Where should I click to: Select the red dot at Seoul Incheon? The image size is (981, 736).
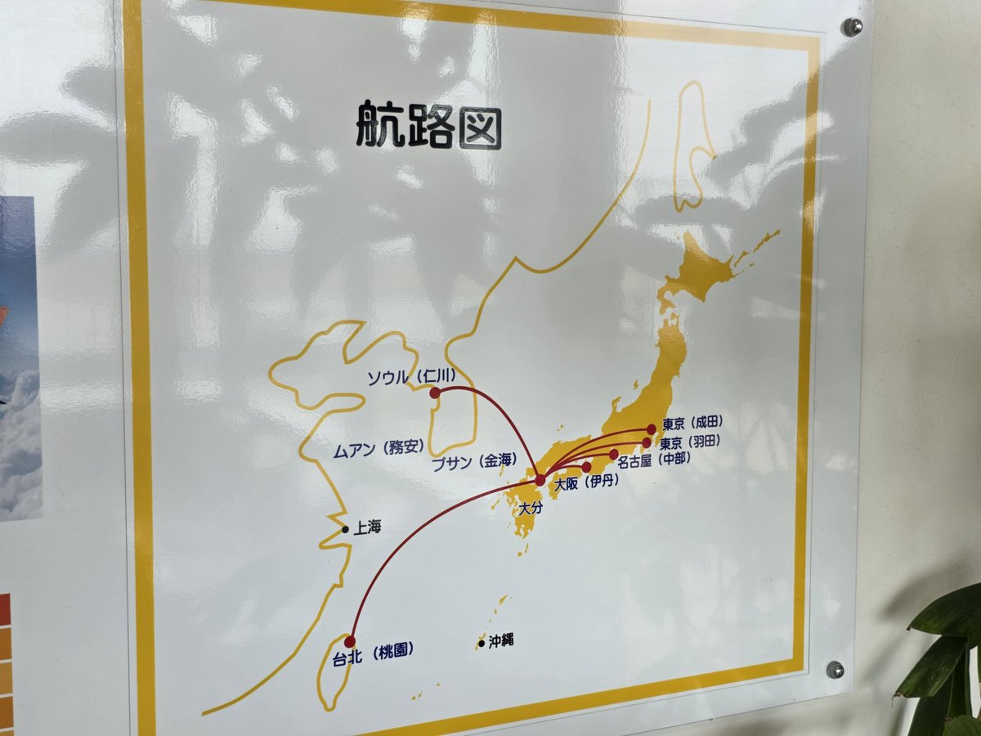point(435,393)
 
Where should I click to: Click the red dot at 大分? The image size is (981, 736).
point(540,480)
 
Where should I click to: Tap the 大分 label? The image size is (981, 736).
point(531,508)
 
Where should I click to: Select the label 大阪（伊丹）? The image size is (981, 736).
point(586,483)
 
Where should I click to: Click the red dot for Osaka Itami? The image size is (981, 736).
point(586,467)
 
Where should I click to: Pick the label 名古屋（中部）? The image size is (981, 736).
point(654,461)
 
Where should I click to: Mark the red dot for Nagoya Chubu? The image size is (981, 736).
point(614,454)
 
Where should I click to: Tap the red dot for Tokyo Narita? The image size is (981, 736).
point(652,429)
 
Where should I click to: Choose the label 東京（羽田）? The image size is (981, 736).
point(690,442)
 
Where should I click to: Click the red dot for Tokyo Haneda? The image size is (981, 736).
point(647,442)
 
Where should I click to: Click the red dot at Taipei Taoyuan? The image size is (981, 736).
point(351,641)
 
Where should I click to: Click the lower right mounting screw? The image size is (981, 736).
point(835,670)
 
